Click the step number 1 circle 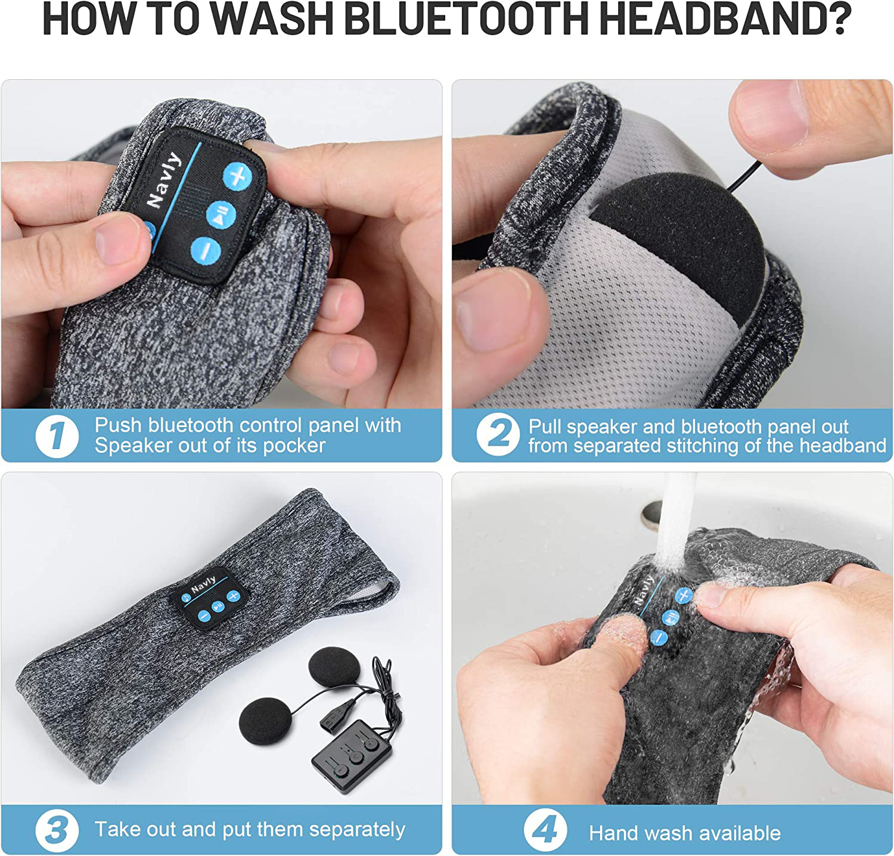click(x=57, y=436)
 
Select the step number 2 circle click(x=498, y=435)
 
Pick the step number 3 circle click(x=57, y=830)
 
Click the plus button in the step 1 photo click(x=238, y=176)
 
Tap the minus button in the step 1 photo click(x=206, y=251)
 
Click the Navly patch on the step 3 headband click(x=210, y=597)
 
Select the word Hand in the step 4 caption click(x=614, y=833)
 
